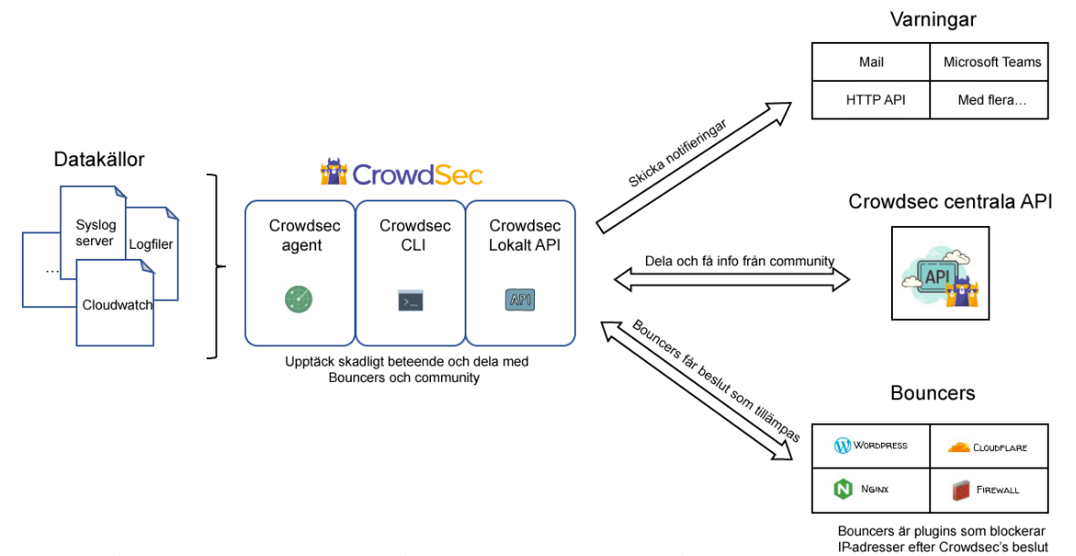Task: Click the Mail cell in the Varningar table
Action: click(871, 62)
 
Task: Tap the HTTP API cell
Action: click(871, 99)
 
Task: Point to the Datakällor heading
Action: click(99, 160)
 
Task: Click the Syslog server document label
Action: click(95, 233)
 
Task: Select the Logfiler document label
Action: click(150, 244)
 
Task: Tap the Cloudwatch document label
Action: click(118, 304)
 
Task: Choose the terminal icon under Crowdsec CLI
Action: click(410, 300)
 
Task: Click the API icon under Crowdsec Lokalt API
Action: click(520, 299)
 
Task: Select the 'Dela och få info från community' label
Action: click(739, 262)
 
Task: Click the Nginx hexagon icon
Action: click(843, 489)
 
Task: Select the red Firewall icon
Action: click(960, 489)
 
